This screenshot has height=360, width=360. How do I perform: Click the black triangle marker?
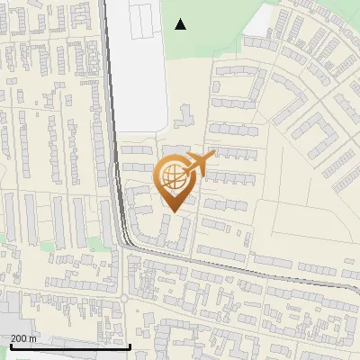pyautogui.click(x=181, y=24)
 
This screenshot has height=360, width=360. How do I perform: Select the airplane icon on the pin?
pyautogui.click(x=200, y=163)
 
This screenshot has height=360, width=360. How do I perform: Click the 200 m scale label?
pyautogui.click(x=23, y=338)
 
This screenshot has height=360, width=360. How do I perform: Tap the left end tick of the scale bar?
pyautogui.click(x=10, y=345)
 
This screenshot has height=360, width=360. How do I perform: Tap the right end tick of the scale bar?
pyautogui.click(x=130, y=345)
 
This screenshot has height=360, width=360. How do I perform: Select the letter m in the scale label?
pyautogui.click(x=33, y=338)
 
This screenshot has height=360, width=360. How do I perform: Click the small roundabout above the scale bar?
pyautogui.click(x=123, y=298)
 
